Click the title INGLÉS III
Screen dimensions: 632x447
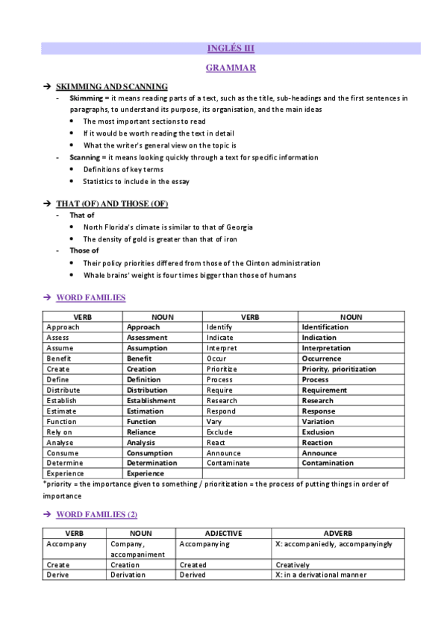pyautogui.click(x=231, y=48)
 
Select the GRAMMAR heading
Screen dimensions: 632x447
pyautogui.click(x=231, y=68)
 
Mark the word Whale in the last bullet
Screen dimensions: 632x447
pyautogui.click(x=94, y=275)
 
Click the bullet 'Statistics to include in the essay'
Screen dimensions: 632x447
pyautogui.click(x=136, y=181)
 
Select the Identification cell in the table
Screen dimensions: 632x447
pyautogui.click(x=325, y=327)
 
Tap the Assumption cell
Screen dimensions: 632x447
pyautogui.click(x=147, y=348)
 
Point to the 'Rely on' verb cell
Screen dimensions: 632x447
pyautogui.click(x=60, y=432)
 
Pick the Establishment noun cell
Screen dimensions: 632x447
pyautogui.click(x=151, y=400)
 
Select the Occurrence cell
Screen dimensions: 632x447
pyautogui.click(x=322, y=358)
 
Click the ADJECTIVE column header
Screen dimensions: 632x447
pyautogui.click(x=224, y=534)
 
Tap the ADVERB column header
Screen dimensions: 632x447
pyautogui.click(x=338, y=534)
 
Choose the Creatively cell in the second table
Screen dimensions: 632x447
pyautogui.click(x=293, y=565)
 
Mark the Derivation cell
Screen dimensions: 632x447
pyautogui.click(x=128, y=575)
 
